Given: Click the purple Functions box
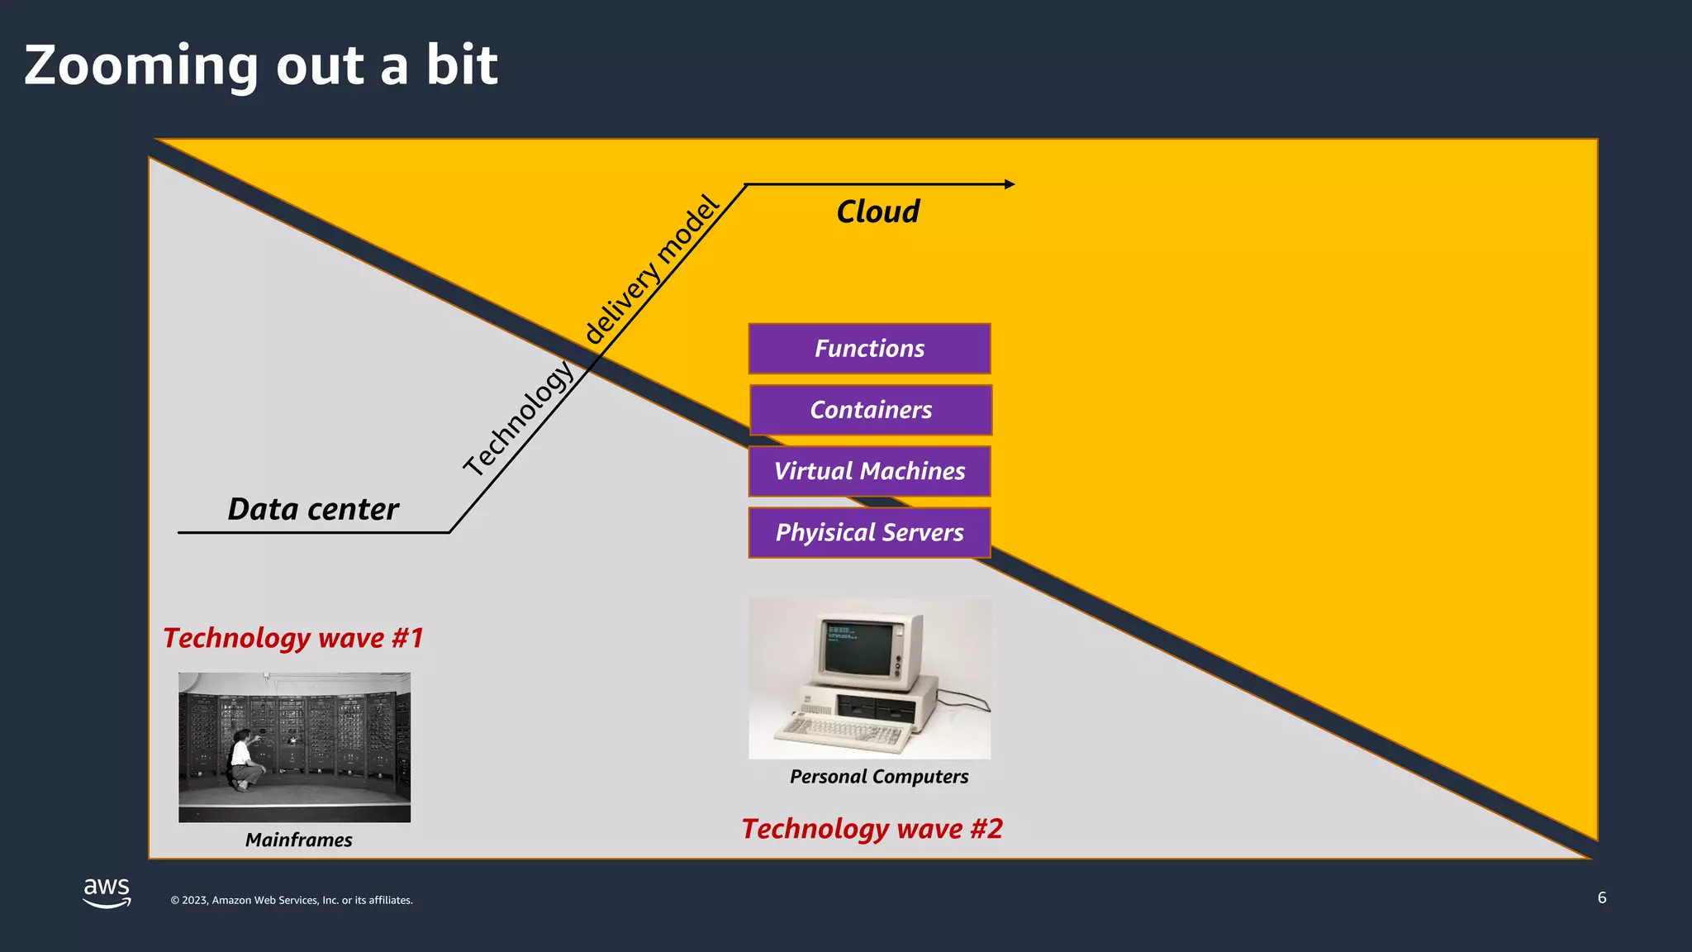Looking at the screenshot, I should coord(869,349).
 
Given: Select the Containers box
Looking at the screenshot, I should coord(871,410).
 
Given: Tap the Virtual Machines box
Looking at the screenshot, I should coord(869,471).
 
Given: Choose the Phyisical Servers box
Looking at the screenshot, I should coord(869,532).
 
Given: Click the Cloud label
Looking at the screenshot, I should coord(877,212).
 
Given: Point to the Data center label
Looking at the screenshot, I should coord(313,509).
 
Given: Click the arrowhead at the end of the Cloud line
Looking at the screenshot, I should coord(1010,184).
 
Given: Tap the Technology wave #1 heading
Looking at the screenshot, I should coord(292,638).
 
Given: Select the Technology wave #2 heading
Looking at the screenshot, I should coord(872,829).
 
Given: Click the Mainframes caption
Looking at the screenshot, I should coord(298,840).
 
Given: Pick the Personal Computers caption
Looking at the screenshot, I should coord(878,777).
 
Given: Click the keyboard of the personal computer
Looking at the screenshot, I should coord(843,731).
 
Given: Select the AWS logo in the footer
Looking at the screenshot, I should coord(107,892).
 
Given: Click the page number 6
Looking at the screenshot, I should coord(1602,897).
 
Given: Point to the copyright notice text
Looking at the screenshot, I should coord(292,901).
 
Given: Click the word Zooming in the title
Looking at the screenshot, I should coord(140,66).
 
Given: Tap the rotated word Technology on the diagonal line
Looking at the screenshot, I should coord(518,419).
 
